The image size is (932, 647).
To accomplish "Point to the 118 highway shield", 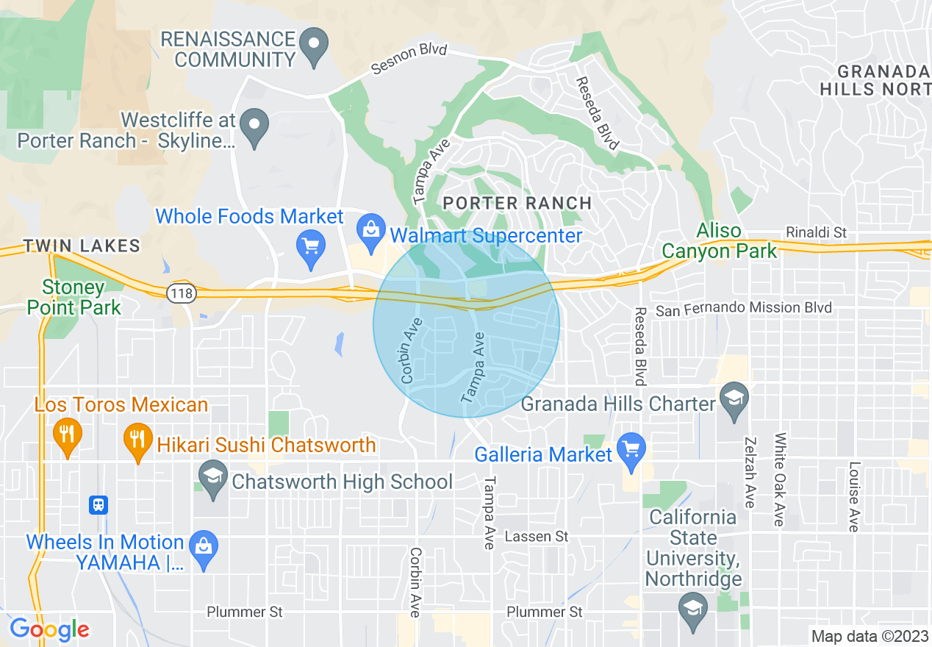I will tap(179, 293).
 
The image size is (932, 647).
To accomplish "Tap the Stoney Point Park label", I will tap(74, 297).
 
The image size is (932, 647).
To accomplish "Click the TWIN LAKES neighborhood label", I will tap(82, 246).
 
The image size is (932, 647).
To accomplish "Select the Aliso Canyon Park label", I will tap(719, 240).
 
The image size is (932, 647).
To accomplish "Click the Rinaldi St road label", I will tap(816, 232).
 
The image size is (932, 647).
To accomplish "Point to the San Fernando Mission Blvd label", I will tap(744, 309).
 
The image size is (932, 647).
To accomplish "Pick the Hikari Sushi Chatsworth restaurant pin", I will tap(137, 440).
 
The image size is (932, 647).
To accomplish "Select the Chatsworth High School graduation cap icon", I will tap(213, 479).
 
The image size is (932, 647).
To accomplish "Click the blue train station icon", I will tap(98, 505).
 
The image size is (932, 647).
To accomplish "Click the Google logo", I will tap(49, 629).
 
